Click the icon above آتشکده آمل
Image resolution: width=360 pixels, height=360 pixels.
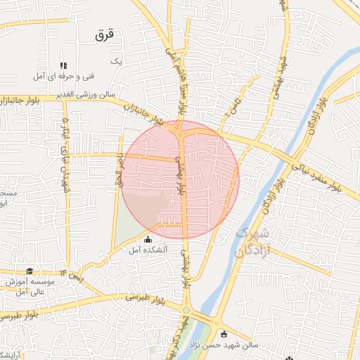click(x=148, y=240)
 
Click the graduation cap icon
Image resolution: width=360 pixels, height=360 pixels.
click(x=30, y=271)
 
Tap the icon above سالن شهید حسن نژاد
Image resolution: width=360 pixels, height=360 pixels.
click(x=224, y=335)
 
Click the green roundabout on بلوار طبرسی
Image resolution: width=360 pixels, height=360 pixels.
click(x=186, y=310)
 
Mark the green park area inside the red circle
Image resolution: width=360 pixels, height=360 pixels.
click(x=143, y=208)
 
